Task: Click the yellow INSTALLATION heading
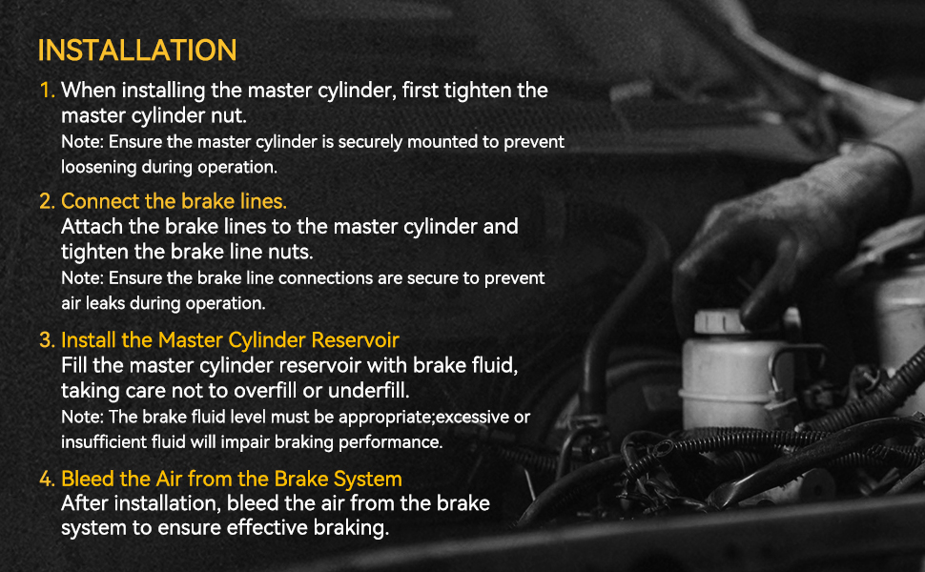tap(137, 51)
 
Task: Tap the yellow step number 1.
tap(47, 91)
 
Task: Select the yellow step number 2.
tap(47, 202)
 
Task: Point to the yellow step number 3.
tap(47, 340)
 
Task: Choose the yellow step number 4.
tap(47, 479)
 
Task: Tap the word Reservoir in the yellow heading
tap(355, 340)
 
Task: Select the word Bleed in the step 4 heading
tap(88, 479)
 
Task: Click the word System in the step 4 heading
tap(367, 480)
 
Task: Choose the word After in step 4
tap(84, 503)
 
